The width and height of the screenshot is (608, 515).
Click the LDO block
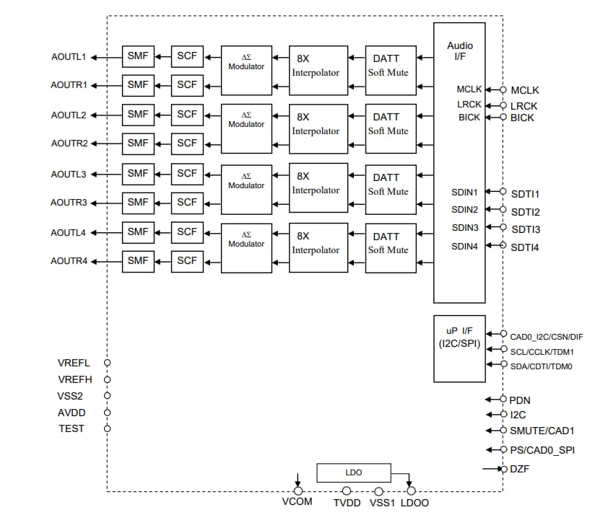pyautogui.click(x=354, y=472)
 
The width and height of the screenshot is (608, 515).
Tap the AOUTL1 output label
pyautogui.click(x=69, y=56)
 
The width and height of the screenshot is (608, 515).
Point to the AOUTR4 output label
pyautogui.click(x=69, y=260)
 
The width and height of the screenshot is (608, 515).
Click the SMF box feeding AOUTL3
pyautogui.click(x=138, y=173)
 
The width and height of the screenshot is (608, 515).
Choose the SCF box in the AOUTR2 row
pyautogui.click(x=187, y=143)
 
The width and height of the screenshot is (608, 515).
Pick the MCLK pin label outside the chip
pyautogui.click(x=524, y=90)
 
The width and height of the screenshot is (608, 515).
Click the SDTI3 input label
pyautogui.click(x=526, y=229)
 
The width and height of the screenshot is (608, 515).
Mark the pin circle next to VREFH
pyautogui.click(x=108, y=379)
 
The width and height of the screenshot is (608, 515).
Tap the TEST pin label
pyautogui.click(x=71, y=428)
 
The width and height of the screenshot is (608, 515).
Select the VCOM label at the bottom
pyautogui.click(x=297, y=501)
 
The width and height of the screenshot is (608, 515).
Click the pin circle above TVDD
pyautogui.click(x=347, y=490)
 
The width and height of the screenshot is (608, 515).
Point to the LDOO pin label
pyautogui.click(x=414, y=502)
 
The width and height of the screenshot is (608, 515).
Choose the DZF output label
pyautogui.click(x=520, y=469)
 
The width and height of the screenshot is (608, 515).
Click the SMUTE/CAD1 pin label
pyautogui.click(x=542, y=431)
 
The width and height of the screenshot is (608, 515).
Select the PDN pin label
pyautogui.click(x=520, y=400)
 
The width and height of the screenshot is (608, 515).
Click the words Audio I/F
pyautogui.click(x=460, y=51)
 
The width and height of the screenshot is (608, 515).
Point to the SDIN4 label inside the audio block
pyautogui.click(x=465, y=246)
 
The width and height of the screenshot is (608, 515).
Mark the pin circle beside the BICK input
pyautogui.click(x=503, y=117)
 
